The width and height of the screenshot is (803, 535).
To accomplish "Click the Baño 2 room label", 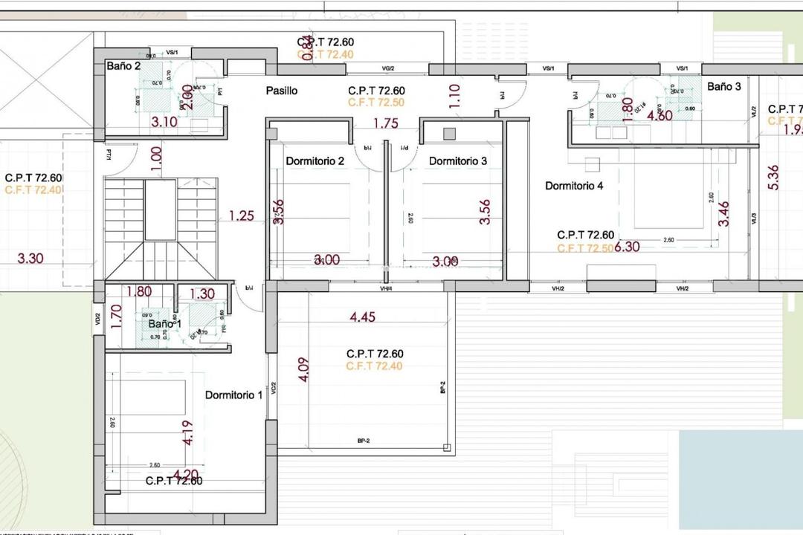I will click(x=123, y=66).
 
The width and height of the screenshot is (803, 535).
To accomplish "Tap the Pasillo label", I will click(x=282, y=91).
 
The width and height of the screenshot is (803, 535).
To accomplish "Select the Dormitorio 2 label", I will click(x=315, y=161).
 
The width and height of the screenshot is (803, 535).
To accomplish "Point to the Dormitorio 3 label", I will click(x=458, y=161).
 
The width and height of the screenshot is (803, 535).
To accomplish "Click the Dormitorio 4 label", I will click(x=574, y=186).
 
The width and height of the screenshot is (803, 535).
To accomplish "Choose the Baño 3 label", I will click(x=723, y=86).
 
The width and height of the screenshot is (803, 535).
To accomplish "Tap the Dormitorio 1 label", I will click(x=233, y=395).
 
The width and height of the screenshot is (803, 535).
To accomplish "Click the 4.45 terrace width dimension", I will click(x=363, y=317).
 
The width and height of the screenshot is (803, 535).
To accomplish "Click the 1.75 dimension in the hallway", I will click(x=386, y=123).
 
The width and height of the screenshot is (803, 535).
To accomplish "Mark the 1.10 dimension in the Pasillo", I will click(x=455, y=96).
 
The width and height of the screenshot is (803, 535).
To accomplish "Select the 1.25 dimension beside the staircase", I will click(x=242, y=216).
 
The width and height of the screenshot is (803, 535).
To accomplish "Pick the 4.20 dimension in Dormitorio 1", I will click(x=186, y=473).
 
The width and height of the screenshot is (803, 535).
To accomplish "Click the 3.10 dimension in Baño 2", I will click(x=164, y=122).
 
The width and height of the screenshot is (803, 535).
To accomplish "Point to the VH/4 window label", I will click(x=386, y=288).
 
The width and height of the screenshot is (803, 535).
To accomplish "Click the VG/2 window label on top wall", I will click(x=387, y=68).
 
